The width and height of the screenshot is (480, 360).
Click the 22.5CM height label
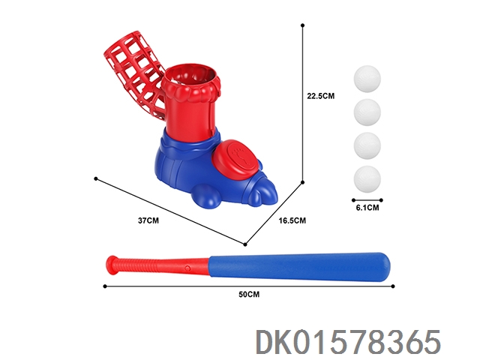click(321, 96)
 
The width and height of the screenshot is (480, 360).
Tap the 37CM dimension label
click(148, 220)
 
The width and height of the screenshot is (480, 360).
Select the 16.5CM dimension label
click(292, 220)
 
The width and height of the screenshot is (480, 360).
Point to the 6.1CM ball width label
click(367, 208)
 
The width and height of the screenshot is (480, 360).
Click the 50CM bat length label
click(249, 294)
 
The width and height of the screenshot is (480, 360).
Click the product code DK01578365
click(348, 342)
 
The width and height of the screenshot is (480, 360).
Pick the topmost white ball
click(367, 79)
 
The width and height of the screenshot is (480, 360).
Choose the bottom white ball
click(367, 180)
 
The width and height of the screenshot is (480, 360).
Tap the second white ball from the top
click(367, 112)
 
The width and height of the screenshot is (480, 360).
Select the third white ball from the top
click(367, 146)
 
